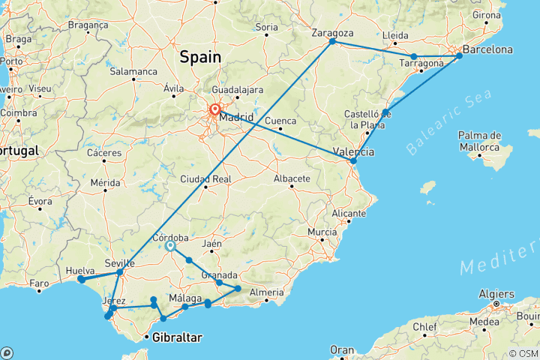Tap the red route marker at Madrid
215,109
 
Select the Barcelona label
487,50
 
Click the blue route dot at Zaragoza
332,41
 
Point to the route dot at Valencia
353,160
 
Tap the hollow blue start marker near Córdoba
170,245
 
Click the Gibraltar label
177,338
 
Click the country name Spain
200,56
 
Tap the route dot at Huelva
81,279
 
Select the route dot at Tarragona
413,56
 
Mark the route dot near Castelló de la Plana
385,113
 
